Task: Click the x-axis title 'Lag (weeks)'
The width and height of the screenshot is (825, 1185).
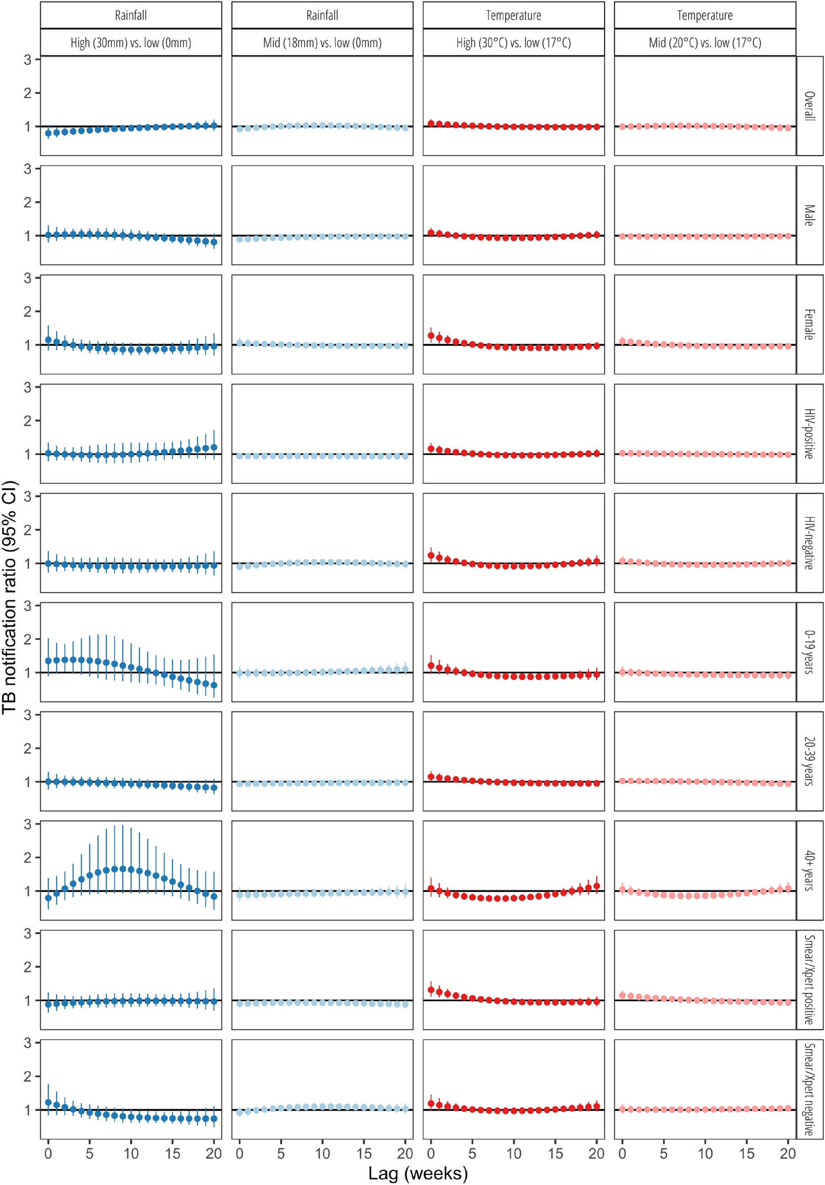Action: click(418, 1173)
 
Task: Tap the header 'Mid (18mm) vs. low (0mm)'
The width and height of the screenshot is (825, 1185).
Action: click(322, 43)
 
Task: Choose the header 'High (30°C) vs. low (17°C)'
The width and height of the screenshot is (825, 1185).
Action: click(514, 43)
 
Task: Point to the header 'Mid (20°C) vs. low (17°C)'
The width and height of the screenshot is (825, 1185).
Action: click(705, 43)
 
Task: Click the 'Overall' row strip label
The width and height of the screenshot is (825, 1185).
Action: click(809, 106)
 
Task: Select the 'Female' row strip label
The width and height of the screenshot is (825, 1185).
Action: click(809, 324)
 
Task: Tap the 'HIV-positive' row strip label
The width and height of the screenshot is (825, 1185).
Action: click(809, 434)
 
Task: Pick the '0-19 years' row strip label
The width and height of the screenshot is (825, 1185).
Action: click(809, 652)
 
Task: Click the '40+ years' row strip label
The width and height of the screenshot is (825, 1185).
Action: click(809, 870)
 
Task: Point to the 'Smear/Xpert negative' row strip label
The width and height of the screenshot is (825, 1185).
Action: click(809, 1089)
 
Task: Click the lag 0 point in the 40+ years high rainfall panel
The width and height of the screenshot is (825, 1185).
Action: click(48, 898)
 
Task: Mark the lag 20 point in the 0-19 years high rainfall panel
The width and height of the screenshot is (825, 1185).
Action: click(214, 686)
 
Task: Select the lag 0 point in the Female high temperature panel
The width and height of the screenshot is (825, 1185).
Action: click(431, 336)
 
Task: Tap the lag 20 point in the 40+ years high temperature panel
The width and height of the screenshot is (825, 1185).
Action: click(597, 886)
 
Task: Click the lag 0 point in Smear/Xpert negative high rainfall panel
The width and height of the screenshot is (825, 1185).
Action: click(48, 1102)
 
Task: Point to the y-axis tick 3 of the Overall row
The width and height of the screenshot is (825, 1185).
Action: click(28, 60)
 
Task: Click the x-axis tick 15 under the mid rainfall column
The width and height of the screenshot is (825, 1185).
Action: click(364, 1153)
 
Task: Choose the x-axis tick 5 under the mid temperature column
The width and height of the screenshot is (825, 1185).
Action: click(664, 1153)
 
